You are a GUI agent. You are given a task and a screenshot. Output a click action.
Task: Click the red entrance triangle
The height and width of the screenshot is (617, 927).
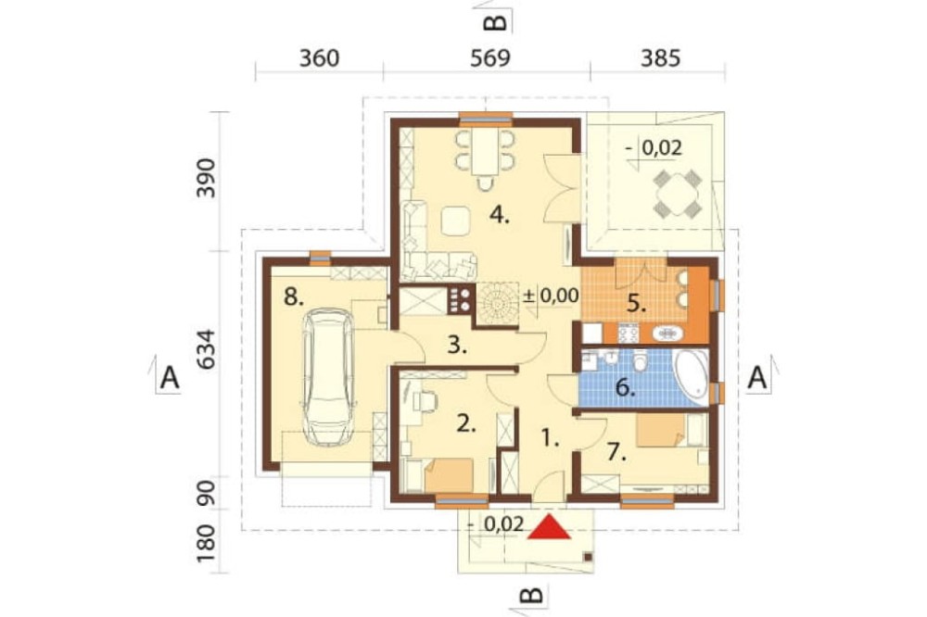click(x=549, y=527)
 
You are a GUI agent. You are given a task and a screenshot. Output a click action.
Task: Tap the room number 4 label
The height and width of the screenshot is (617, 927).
click(x=499, y=215)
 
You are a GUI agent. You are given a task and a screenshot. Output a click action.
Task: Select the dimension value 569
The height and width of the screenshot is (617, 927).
click(x=490, y=58)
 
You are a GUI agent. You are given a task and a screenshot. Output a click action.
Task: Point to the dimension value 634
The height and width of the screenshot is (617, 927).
click(x=207, y=348)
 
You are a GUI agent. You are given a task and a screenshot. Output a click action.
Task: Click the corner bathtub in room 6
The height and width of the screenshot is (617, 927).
click(x=691, y=375)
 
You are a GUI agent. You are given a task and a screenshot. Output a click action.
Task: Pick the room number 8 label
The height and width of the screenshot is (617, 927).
click(x=293, y=296)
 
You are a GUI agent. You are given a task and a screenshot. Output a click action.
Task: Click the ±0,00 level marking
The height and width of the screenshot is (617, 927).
click(x=552, y=295)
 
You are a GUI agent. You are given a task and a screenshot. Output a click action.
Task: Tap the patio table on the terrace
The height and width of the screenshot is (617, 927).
click(x=677, y=192)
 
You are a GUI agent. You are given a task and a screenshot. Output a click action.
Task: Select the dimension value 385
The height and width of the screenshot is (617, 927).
click(x=660, y=58)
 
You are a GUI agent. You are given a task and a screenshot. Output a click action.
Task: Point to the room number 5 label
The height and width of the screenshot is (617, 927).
click(x=636, y=304)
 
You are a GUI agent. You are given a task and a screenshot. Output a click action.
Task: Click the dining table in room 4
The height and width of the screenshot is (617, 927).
click(x=485, y=151)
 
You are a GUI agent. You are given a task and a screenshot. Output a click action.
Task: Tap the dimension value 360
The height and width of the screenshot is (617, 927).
click(x=319, y=58)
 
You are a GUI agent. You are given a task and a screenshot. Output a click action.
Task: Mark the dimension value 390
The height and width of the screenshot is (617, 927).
click(x=207, y=178)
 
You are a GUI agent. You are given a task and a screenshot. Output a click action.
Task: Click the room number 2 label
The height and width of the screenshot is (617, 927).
click(x=466, y=423)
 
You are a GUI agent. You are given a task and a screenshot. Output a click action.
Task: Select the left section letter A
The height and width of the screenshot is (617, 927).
click(x=170, y=377)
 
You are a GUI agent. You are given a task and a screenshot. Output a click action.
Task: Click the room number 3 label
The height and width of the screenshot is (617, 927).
click(x=456, y=345)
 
